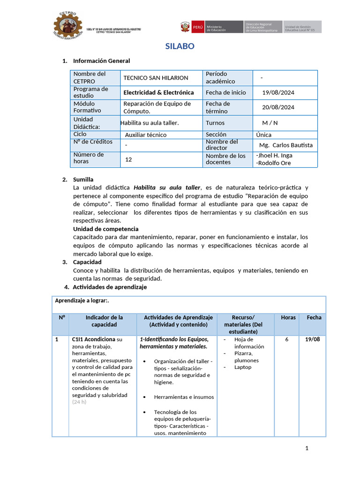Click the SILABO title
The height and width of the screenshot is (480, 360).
(x=180, y=46)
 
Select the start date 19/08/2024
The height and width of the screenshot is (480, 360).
(x=278, y=92)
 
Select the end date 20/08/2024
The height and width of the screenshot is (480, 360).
(x=278, y=107)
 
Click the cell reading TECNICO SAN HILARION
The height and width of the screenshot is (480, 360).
(x=156, y=78)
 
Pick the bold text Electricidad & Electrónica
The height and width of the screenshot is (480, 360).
(x=158, y=92)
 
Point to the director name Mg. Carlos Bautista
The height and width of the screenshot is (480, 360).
(x=285, y=145)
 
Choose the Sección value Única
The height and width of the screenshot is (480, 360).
(x=264, y=135)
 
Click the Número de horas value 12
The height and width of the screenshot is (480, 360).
(x=128, y=159)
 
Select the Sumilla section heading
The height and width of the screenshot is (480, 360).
(x=83, y=180)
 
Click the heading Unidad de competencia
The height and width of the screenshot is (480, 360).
(x=105, y=229)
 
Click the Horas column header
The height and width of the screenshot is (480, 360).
(x=288, y=317)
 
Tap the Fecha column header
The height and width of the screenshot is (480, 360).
(x=314, y=317)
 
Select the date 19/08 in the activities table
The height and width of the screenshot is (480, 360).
(x=313, y=339)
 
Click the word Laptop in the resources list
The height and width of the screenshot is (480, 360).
(x=243, y=367)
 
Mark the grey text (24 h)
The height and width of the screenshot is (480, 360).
(x=80, y=402)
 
